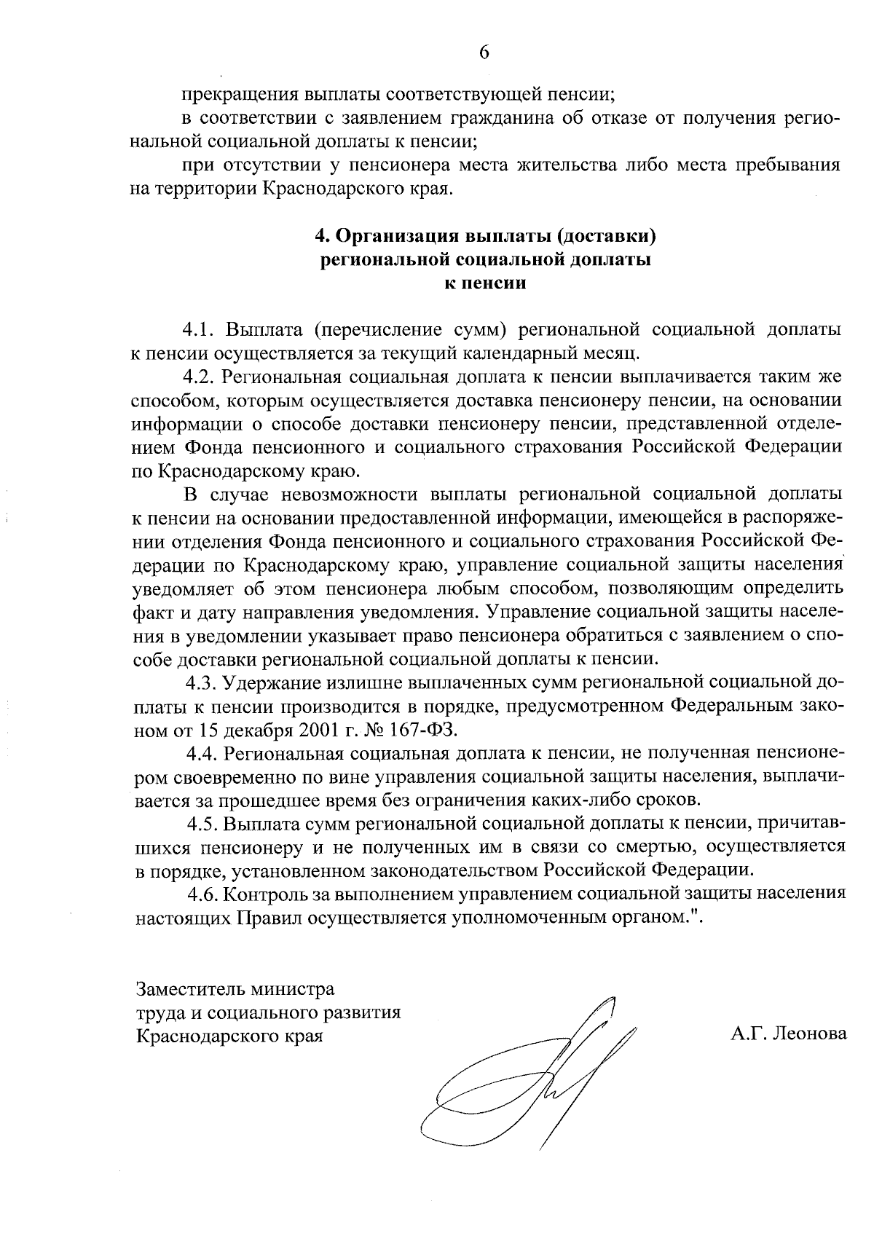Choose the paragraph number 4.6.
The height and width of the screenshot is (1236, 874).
click(204, 894)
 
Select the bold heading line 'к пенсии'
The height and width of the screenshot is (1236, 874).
click(485, 284)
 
